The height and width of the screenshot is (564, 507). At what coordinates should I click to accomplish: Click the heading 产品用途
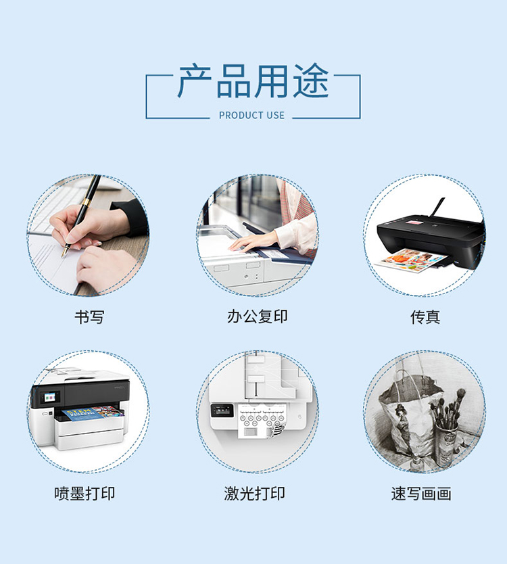[x=253, y=81]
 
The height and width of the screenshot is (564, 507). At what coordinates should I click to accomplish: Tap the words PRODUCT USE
[x=251, y=116]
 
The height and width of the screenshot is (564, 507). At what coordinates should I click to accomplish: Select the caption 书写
[x=89, y=317]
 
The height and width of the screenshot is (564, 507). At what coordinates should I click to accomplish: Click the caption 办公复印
[x=257, y=316]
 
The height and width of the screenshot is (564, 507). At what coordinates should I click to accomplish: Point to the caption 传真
[x=425, y=317]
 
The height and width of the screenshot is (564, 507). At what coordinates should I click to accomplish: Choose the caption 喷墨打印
[x=85, y=493]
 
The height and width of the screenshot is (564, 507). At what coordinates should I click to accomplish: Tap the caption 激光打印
[x=255, y=493]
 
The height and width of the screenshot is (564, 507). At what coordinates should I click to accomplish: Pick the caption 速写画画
[x=421, y=493]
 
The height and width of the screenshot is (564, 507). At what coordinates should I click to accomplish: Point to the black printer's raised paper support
[x=437, y=208]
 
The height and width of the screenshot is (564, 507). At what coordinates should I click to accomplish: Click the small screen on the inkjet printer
[x=50, y=397]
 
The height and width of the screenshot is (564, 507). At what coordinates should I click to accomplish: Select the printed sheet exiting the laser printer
[x=260, y=421]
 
